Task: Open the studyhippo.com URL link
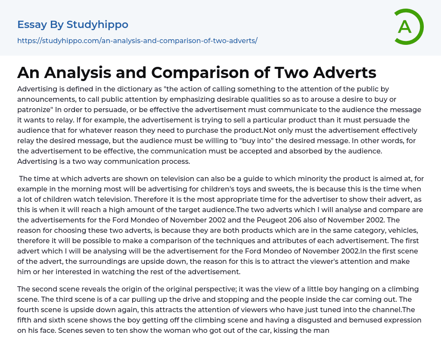click(137, 41)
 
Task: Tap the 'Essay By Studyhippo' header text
click(73, 25)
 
